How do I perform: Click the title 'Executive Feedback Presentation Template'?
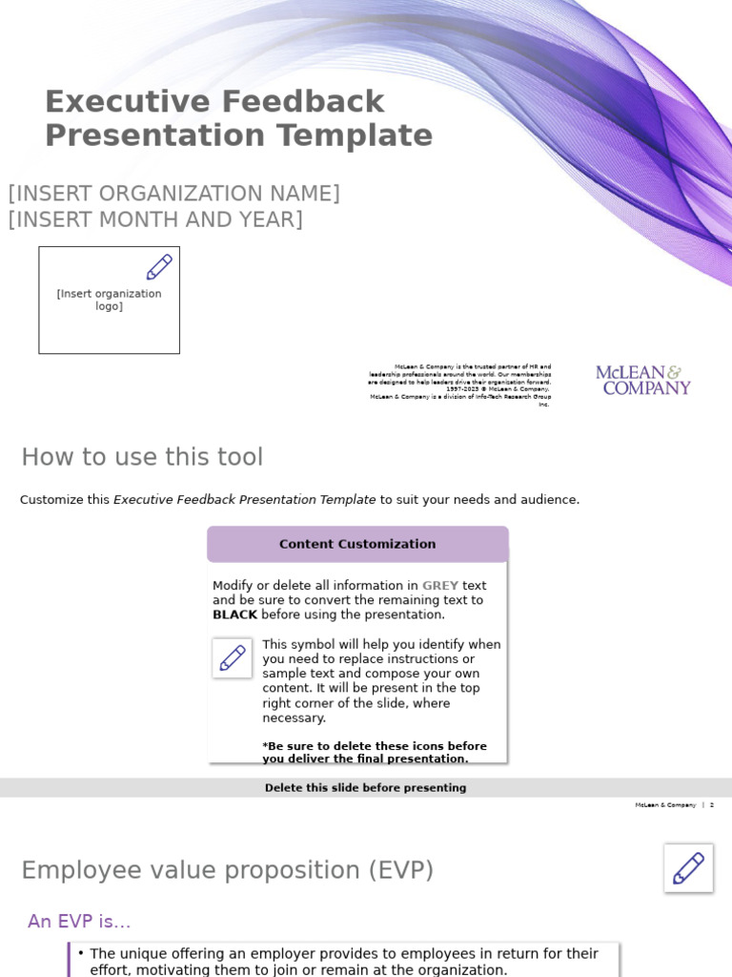point(238,118)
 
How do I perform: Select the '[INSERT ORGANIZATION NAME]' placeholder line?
point(173,194)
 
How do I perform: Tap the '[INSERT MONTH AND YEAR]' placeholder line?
point(155,219)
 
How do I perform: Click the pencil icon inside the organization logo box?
point(159,267)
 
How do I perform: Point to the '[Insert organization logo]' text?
point(109,301)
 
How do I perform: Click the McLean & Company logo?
point(643,380)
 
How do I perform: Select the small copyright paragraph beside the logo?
point(459,385)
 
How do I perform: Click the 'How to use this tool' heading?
point(142,457)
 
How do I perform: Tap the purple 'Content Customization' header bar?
point(357,544)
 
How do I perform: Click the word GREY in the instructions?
point(440,586)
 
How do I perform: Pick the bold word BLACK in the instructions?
point(234,615)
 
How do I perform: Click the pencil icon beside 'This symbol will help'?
point(233,658)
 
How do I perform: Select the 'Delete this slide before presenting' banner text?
point(365,788)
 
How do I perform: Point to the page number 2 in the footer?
point(711,805)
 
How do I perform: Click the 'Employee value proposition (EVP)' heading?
point(227,870)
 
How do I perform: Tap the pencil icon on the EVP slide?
point(688,868)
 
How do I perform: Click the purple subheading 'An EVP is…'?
point(79,922)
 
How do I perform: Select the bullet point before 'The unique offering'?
point(81,953)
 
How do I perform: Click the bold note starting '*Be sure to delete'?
point(374,753)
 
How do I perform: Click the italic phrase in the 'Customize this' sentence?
point(244,500)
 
